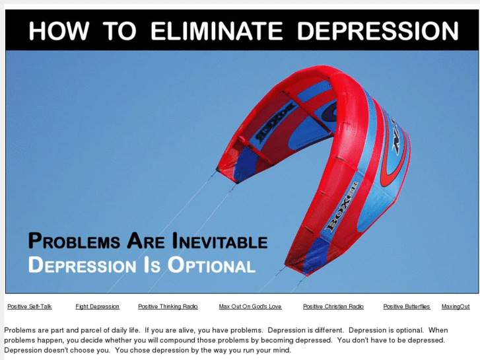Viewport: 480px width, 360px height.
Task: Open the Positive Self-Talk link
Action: point(30,306)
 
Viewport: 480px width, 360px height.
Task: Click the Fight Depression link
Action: point(97,306)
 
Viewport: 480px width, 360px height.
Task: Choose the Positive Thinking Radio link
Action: point(168,306)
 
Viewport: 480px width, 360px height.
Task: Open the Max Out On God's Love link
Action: point(250,306)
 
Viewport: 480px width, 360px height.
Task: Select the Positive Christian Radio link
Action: point(333,306)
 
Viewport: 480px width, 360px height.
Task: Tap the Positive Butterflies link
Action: point(407,306)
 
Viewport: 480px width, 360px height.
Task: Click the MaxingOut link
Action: point(456,306)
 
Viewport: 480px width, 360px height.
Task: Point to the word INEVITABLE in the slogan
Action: point(220,242)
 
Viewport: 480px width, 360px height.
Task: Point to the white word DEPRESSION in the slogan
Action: point(82,266)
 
